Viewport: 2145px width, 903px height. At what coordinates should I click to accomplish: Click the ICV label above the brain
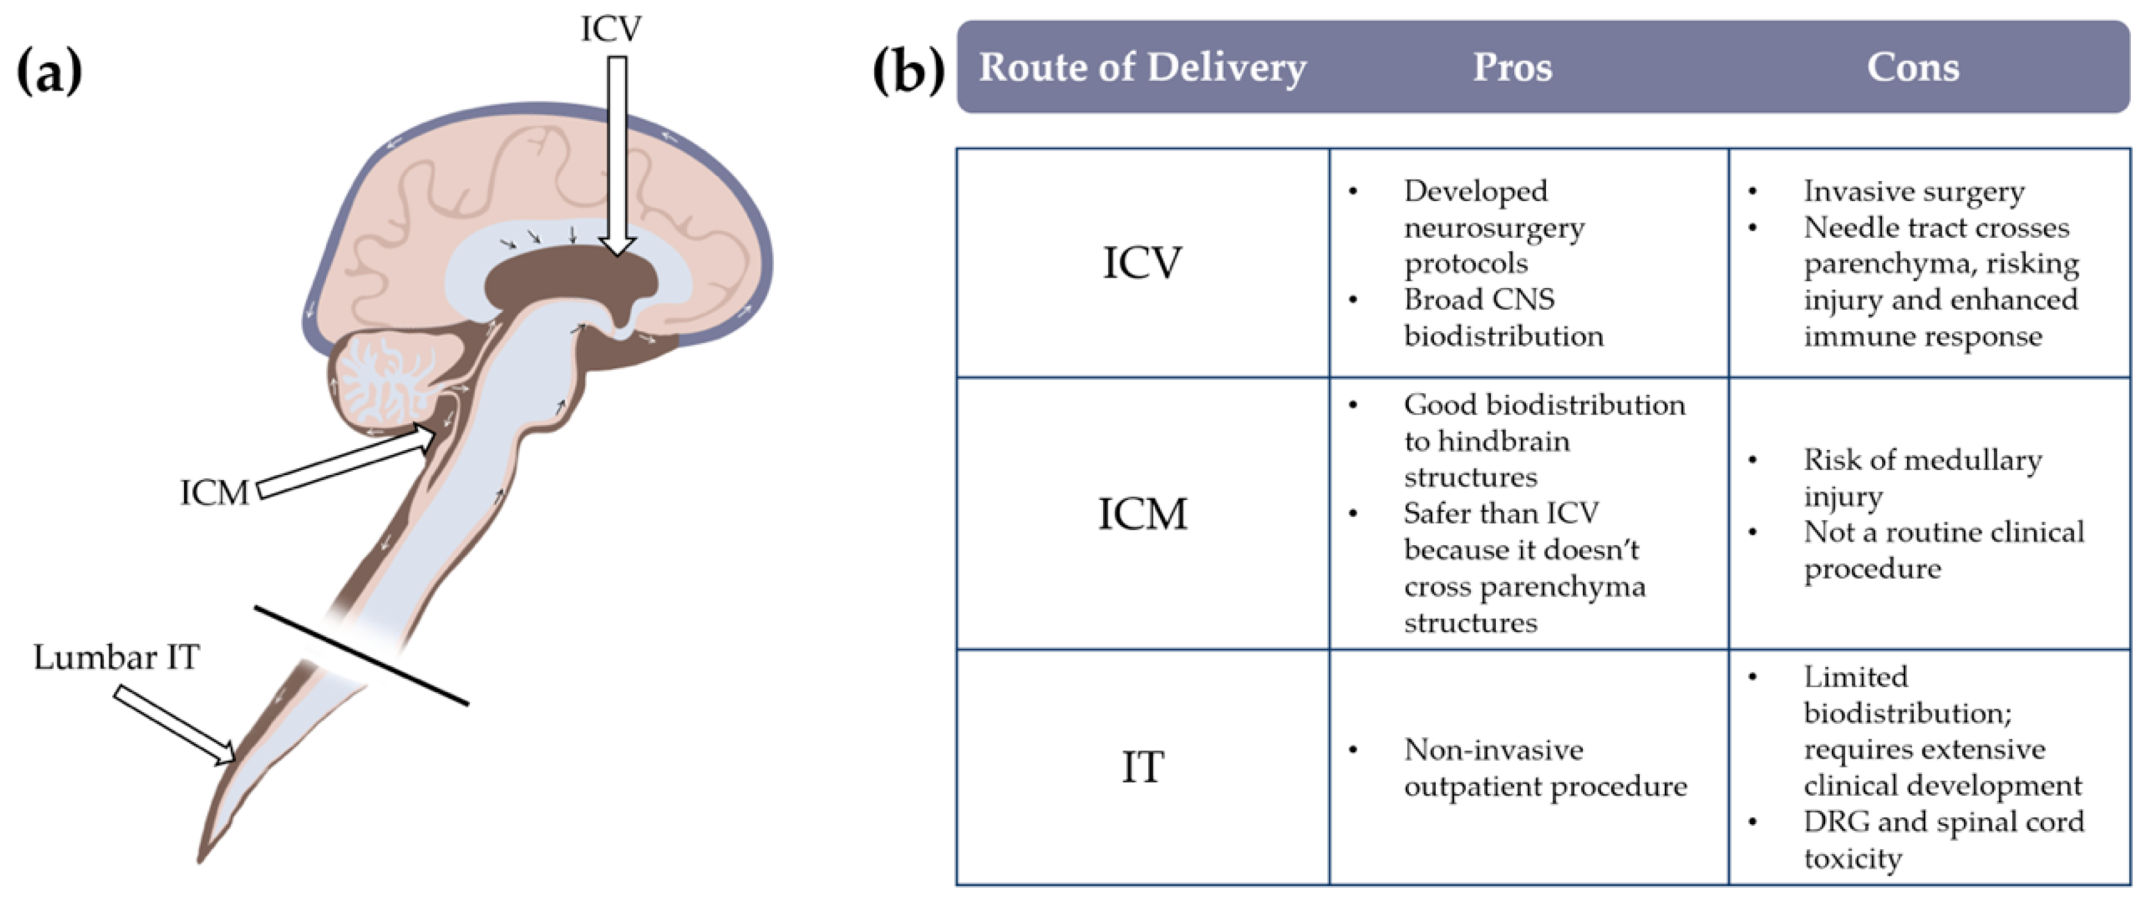[x=611, y=29]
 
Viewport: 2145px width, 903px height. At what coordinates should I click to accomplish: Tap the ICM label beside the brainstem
[x=214, y=493]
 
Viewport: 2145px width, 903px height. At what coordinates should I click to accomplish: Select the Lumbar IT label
[x=117, y=657]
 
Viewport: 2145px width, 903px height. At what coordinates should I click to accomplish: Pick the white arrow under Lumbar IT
[x=175, y=724]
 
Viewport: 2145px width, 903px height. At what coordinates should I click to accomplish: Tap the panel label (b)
[x=908, y=72]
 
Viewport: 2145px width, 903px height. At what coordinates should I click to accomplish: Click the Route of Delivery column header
[x=1142, y=67]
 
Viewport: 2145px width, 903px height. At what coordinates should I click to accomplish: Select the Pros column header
[x=1512, y=67]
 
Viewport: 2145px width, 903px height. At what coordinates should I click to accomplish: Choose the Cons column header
[x=1913, y=67]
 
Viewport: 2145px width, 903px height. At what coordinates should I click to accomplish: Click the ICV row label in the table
[x=1142, y=263]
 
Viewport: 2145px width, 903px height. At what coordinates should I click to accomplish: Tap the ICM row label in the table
[x=1142, y=514]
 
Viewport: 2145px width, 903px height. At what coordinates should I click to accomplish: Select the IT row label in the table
[x=1142, y=767]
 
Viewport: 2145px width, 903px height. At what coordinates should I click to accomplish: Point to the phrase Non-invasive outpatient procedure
[x=1545, y=767]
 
